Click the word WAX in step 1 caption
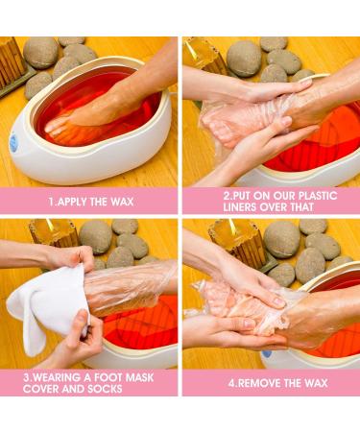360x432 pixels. pyautogui.click(x=122, y=202)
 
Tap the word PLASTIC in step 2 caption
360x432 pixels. pyautogui.click(x=318, y=196)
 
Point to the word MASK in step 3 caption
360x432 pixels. pyautogui.click(x=139, y=377)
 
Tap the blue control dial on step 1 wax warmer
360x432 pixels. pyautogui.click(x=13, y=144)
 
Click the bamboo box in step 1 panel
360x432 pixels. pyautogui.click(x=12, y=65)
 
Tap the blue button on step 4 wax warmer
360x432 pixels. pyautogui.click(x=267, y=354)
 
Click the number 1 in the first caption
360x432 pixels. pyautogui.click(x=51, y=202)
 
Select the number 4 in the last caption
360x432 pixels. pyautogui.click(x=231, y=383)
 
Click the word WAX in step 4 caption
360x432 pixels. pyautogui.click(x=316, y=383)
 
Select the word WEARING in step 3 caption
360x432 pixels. pyautogui.click(x=57, y=377)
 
